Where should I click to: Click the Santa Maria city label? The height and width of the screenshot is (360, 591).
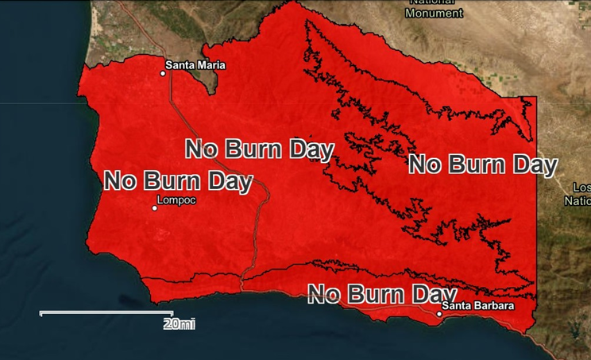(x=195, y=65)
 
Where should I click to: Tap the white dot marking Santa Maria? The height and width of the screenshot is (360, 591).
(x=163, y=73)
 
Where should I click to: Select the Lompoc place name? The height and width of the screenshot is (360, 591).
(x=176, y=200)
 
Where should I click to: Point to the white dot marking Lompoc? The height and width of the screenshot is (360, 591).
(x=155, y=208)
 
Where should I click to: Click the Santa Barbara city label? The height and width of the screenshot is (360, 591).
(x=478, y=306)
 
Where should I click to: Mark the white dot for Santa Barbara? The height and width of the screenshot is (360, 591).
(x=439, y=314)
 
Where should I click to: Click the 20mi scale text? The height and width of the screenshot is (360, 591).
(x=179, y=324)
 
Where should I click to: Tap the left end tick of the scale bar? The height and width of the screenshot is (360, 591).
(x=41, y=313)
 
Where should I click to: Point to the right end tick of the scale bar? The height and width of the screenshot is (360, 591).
(x=172, y=313)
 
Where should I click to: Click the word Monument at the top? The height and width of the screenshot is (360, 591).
(x=434, y=14)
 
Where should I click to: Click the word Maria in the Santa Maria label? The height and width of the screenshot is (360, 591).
(x=211, y=65)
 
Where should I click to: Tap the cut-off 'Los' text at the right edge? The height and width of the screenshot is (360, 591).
(x=582, y=188)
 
